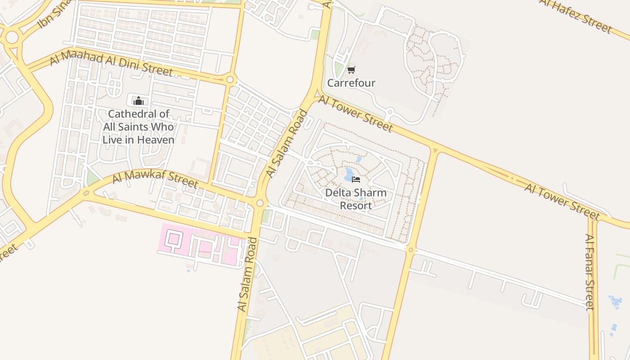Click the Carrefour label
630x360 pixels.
[x=351, y=83]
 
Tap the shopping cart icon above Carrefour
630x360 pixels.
[x=351, y=70]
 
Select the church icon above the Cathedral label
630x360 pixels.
[x=138, y=101]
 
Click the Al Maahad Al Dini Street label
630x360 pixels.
[x=111, y=64]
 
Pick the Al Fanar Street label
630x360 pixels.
[x=590, y=272]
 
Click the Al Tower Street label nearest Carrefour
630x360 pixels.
[x=355, y=113]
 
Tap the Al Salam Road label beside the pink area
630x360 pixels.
[x=247, y=274]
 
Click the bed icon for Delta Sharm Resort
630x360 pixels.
[x=356, y=180]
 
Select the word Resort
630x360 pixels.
[x=355, y=206]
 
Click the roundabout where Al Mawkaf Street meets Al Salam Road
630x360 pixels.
[x=260, y=203]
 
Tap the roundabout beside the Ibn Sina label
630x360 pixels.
[x=12, y=37]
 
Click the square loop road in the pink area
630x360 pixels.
[x=173, y=239]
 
